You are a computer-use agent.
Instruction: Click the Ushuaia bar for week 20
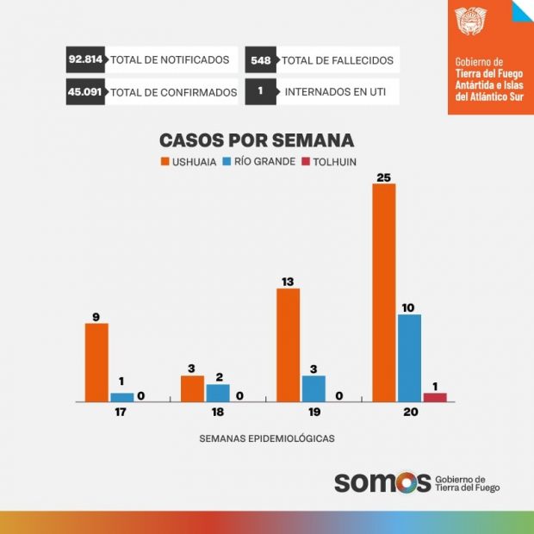[x=383, y=293]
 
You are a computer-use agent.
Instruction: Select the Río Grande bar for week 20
[x=409, y=358]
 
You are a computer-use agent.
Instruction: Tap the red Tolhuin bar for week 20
[x=435, y=397]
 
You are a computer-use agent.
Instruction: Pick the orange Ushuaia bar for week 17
[x=96, y=363]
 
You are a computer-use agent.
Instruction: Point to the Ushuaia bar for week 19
[x=288, y=345]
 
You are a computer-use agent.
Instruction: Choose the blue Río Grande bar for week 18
[x=218, y=393]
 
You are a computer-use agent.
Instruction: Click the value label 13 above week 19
[x=288, y=282]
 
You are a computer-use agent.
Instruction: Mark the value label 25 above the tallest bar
[x=383, y=177]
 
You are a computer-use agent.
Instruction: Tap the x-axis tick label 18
[x=217, y=413]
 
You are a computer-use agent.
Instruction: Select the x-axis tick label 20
[x=409, y=413]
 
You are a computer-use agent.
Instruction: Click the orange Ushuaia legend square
[x=165, y=161]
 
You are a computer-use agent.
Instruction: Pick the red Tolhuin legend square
[x=307, y=161]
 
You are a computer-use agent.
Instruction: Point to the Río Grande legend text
[x=264, y=161]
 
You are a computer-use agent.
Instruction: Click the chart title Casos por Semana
[x=257, y=140]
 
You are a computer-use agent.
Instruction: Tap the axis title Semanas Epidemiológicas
[x=267, y=438]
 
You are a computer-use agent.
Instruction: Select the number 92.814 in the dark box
[x=85, y=60]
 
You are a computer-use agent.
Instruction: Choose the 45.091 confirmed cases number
[x=85, y=91]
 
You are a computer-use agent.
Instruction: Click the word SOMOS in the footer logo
[x=382, y=482]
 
